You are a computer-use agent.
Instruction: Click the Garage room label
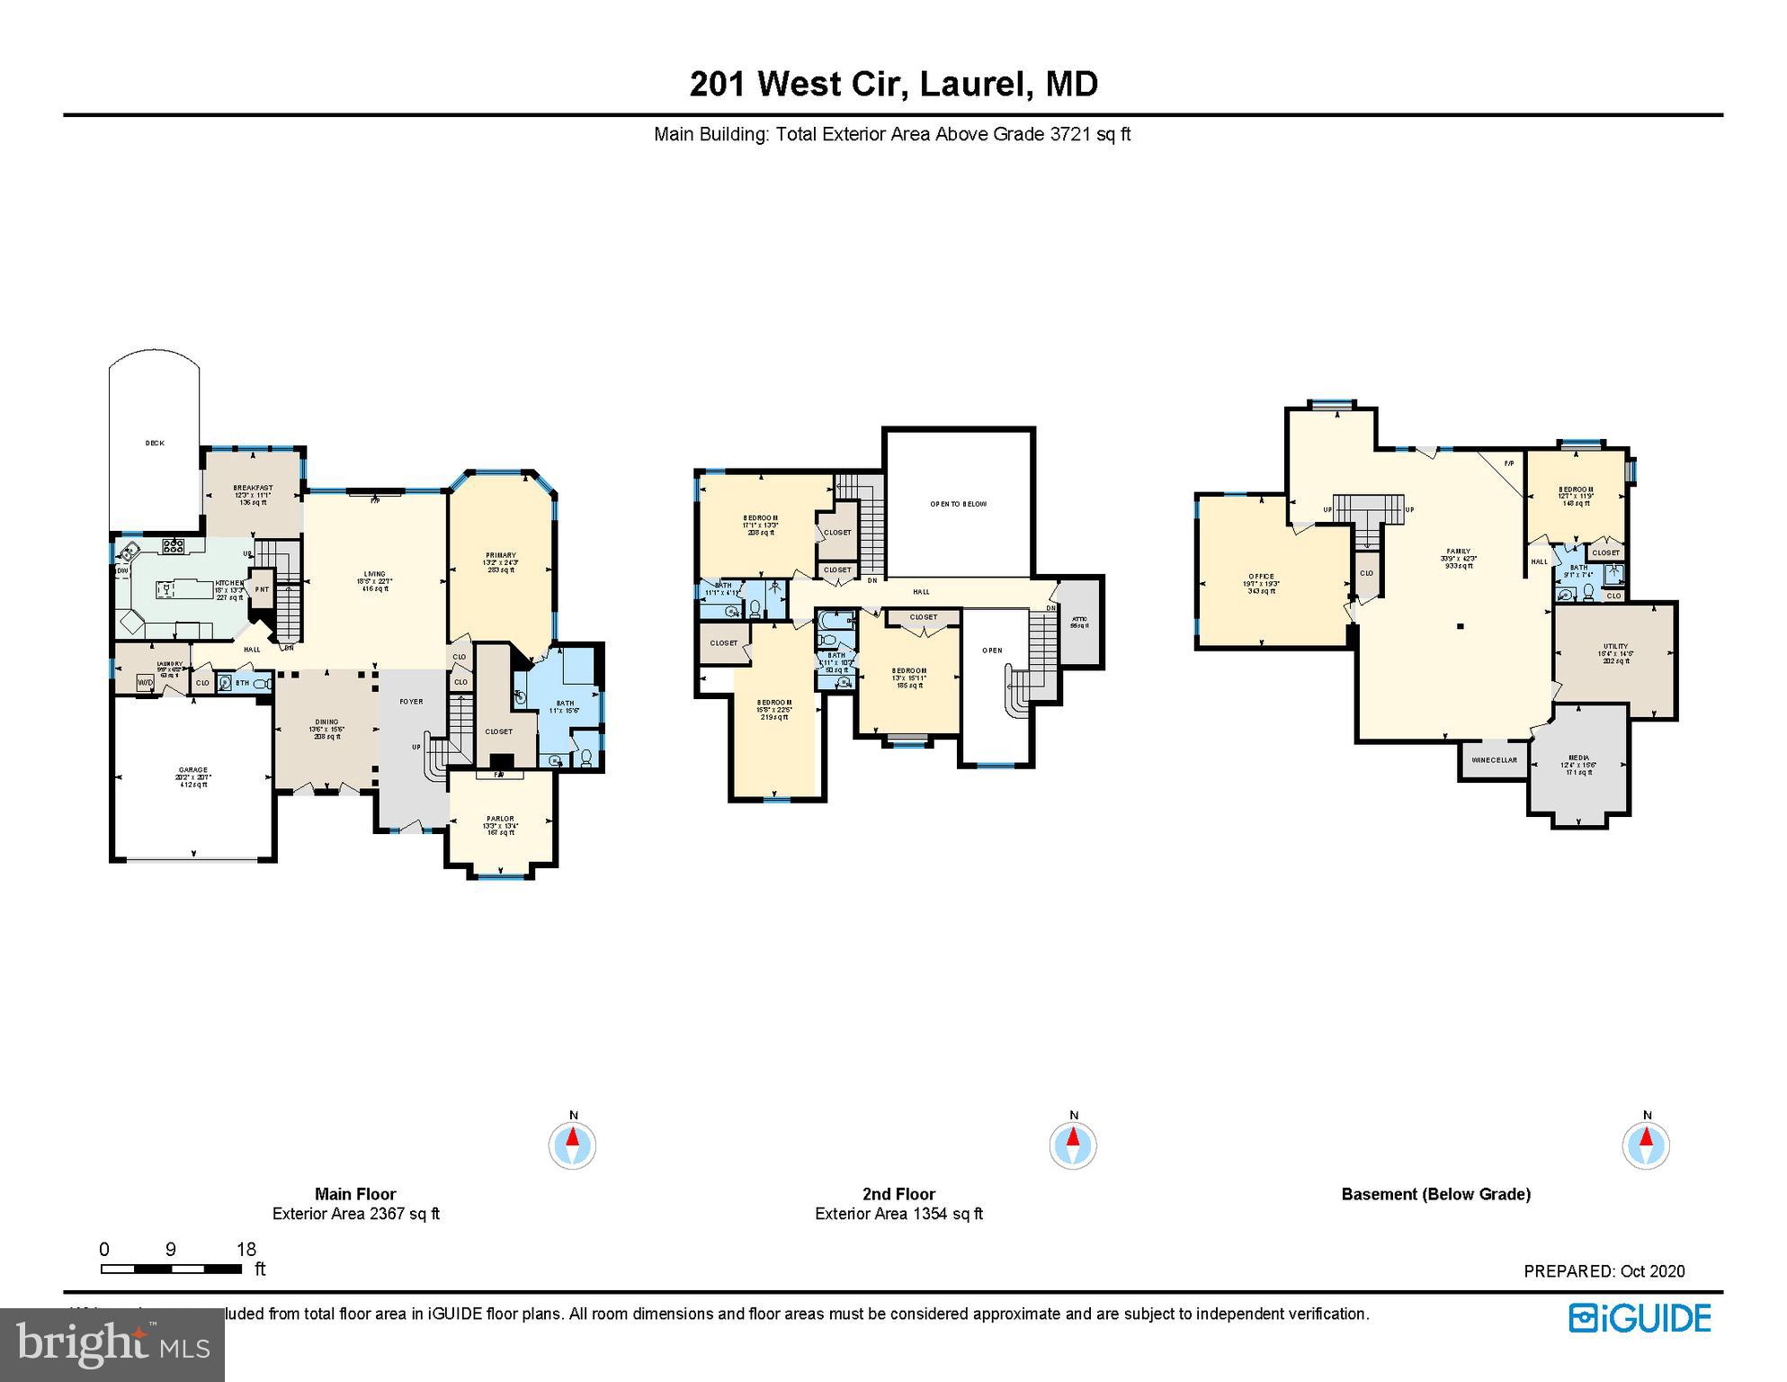(x=193, y=771)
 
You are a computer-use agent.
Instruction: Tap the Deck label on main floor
(x=155, y=444)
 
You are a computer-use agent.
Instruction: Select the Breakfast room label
(x=253, y=489)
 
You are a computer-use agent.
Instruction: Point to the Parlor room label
(x=500, y=820)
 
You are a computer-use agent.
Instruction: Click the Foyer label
(x=411, y=702)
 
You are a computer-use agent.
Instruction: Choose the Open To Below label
(x=959, y=505)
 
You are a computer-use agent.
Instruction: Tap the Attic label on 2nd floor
(x=1079, y=619)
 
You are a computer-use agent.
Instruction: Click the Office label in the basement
(x=1262, y=577)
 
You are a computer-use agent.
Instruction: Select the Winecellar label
(x=1495, y=760)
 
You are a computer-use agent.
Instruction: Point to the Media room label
(x=1578, y=758)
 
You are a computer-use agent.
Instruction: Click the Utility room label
(x=1615, y=647)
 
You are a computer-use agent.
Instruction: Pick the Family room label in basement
(x=1458, y=552)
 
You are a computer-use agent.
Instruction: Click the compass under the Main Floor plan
(x=573, y=1145)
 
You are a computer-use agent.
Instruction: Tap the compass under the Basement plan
(x=1646, y=1145)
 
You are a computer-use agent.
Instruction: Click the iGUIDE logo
(x=1640, y=1319)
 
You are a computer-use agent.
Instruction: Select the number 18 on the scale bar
(x=246, y=1249)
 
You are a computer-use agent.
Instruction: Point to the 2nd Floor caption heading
(x=898, y=1194)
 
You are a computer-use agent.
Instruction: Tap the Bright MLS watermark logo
(x=112, y=1344)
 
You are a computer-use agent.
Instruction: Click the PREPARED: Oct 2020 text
(x=1604, y=1271)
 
